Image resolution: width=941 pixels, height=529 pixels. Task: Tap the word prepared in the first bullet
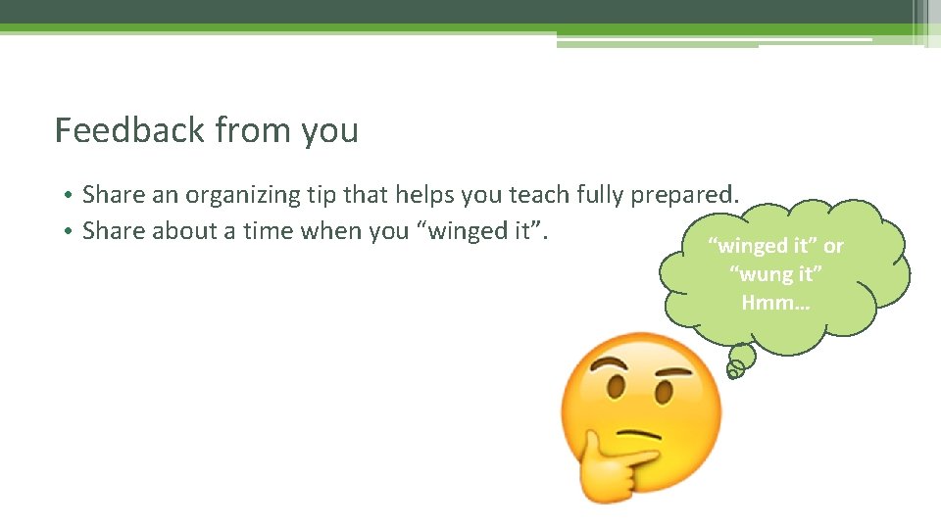tap(684, 195)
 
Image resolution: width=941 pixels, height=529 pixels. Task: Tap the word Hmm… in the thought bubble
tap(775, 303)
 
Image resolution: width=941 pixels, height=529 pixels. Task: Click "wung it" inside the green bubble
tap(775, 274)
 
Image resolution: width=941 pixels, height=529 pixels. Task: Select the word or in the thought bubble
tap(833, 246)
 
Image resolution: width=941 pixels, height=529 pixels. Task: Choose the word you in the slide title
tap(330, 131)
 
